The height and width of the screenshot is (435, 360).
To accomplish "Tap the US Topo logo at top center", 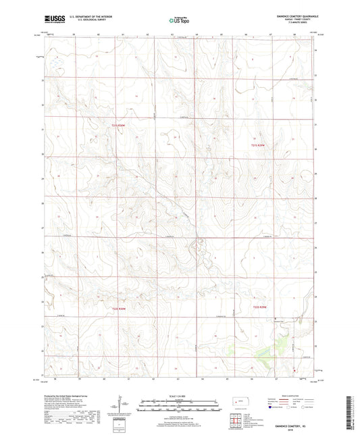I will click(x=178, y=21).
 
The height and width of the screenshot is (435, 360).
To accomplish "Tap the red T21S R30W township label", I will click(x=118, y=126).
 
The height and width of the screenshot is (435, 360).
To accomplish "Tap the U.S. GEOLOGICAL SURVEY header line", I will click(x=82, y=23).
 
